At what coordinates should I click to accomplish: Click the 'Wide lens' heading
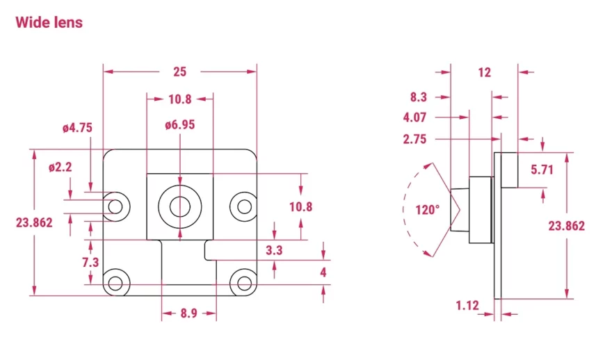click(49, 22)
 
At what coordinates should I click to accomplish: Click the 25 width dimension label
click(180, 72)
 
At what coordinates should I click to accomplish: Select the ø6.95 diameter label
click(180, 125)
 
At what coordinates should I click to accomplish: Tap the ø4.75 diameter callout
click(78, 128)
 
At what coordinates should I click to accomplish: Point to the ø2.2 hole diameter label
click(60, 167)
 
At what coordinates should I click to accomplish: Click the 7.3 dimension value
click(90, 263)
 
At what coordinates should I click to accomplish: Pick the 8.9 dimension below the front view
click(189, 313)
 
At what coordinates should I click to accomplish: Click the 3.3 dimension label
click(274, 250)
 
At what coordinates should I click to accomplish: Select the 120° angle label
click(428, 210)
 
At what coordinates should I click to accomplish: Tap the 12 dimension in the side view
click(484, 72)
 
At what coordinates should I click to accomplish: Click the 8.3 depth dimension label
click(419, 97)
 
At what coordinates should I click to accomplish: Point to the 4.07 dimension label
click(414, 117)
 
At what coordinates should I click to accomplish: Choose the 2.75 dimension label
click(414, 139)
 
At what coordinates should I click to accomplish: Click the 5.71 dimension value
click(542, 170)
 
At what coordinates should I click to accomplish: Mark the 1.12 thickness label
click(467, 306)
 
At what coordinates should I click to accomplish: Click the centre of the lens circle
click(180, 206)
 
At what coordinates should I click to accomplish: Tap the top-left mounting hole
click(115, 206)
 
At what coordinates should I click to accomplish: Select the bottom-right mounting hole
click(244, 284)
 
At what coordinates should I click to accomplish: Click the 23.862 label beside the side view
click(567, 225)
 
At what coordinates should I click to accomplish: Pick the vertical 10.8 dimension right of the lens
click(301, 207)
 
